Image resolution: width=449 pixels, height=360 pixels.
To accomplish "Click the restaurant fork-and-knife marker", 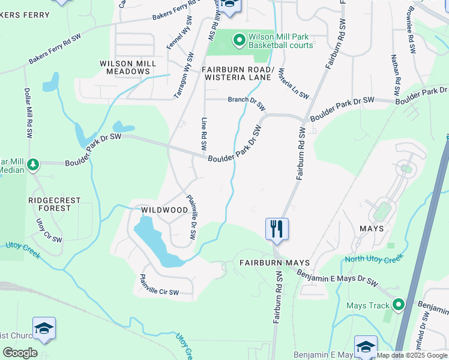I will (277, 229).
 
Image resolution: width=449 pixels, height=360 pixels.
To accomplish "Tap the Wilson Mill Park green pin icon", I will (239, 40).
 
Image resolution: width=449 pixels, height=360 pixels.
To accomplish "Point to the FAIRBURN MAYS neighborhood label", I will (274, 263).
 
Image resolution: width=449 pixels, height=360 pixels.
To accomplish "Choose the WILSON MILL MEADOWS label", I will (128, 67).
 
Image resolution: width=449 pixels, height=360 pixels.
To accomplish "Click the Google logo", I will (20, 352).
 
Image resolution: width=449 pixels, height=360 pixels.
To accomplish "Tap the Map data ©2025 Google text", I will (411, 355).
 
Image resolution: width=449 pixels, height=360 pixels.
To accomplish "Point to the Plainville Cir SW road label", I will (159, 284).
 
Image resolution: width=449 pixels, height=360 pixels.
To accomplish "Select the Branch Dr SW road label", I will (246, 103).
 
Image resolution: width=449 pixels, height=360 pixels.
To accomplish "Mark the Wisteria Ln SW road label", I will (292, 84).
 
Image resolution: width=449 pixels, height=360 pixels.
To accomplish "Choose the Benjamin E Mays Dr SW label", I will (337, 277).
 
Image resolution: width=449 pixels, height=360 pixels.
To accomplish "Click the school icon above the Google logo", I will (44, 328).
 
